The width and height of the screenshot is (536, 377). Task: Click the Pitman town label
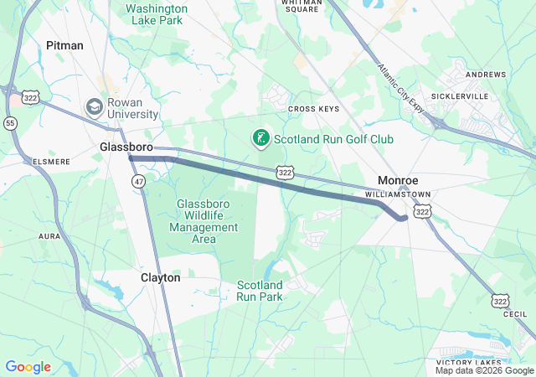pyautogui.click(x=64, y=45)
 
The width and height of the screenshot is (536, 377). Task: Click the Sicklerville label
pyautogui.click(x=460, y=96)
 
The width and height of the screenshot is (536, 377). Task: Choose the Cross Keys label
pyautogui.click(x=312, y=109)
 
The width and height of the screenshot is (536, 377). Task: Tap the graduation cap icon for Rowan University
pyautogui.click(x=95, y=107)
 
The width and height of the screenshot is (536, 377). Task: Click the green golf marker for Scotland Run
pyautogui.click(x=260, y=138)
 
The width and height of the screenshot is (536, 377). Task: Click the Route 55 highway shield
pyautogui.click(x=10, y=122)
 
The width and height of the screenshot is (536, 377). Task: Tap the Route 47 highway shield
pyautogui.click(x=137, y=180)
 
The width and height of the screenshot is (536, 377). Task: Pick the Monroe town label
pyautogui.click(x=398, y=180)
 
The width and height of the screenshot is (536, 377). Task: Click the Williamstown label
pyautogui.click(x=398, y=194)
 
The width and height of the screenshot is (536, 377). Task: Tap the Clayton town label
pyautogui.click(x=160, y=277)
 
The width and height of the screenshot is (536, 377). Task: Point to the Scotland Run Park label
pyautogui.click(x=259, y=291)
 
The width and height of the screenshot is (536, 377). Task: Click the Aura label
pyautogui.click(x=49, y=237)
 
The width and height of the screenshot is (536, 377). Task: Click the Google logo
pyautogui.click(x=28, y=367)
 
